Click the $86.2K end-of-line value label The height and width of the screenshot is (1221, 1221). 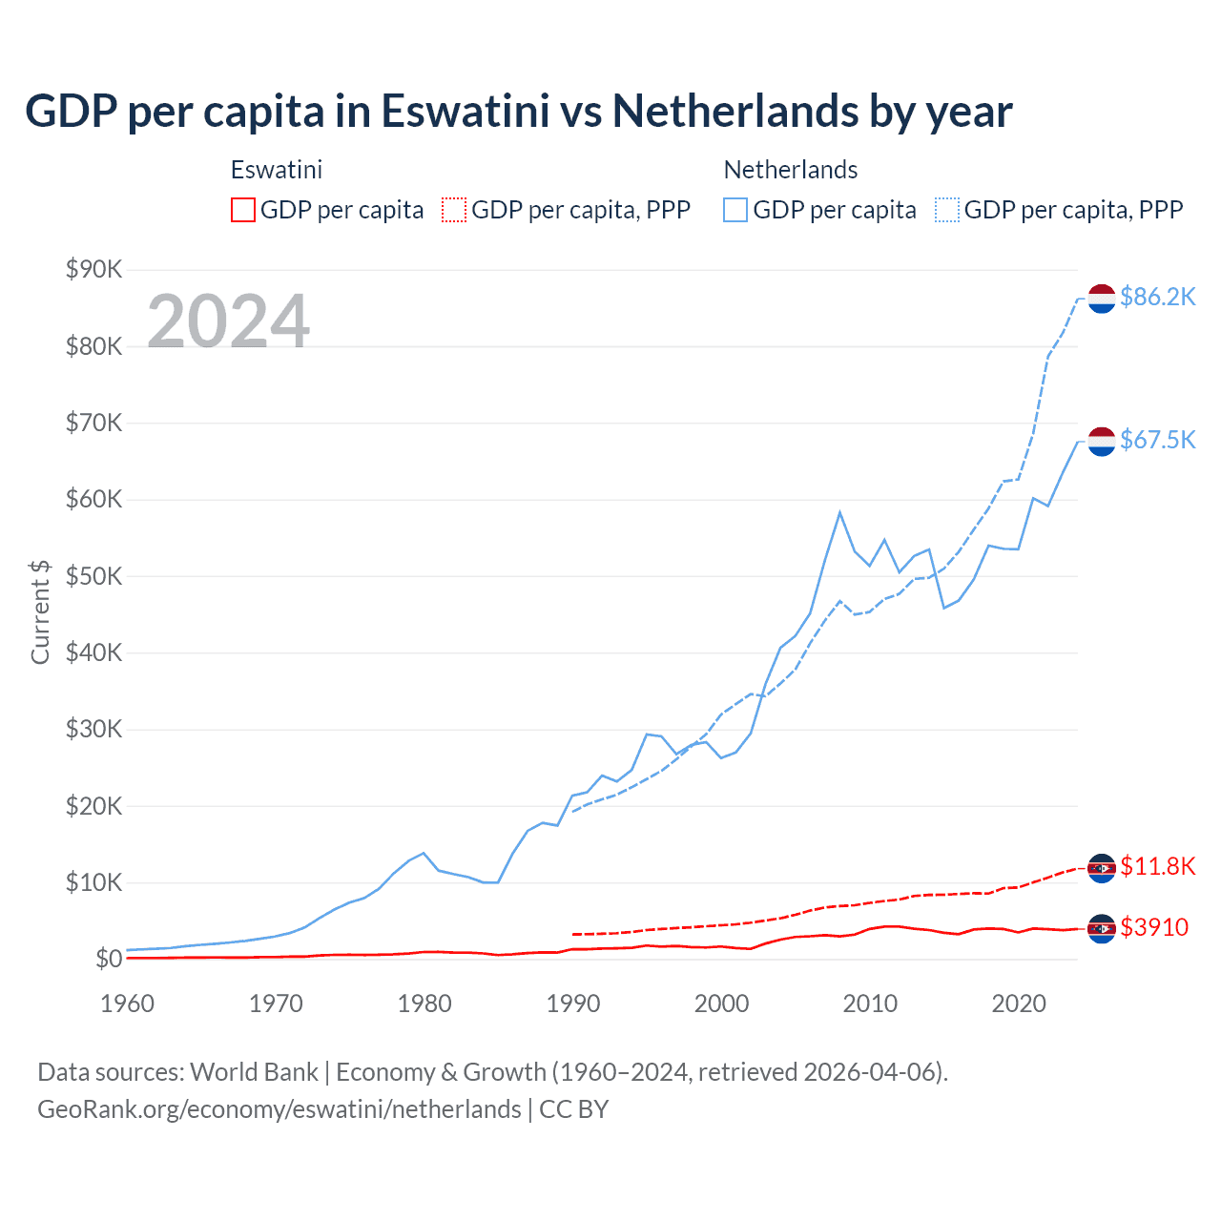click(x=1157, y=297)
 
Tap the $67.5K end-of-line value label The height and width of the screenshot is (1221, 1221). click(x=1157, y=439)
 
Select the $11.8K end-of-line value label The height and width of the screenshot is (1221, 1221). click(x=1157, y=865)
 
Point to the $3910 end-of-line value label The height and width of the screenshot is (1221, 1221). click(x=1154, y=926)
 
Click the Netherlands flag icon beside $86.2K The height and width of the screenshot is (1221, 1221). click(x=1102, y=298)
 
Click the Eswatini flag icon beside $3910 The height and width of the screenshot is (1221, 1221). click(x=1102, y=928)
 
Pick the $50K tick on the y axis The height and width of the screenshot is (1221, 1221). click(x=93, y=576)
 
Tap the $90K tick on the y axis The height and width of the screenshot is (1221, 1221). click(x=93, y=269)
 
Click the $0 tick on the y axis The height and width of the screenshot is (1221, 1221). click(x=109, y=959)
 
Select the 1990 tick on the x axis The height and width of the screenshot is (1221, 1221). click(x=573, y=1004)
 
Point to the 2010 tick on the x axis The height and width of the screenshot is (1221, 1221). click(x=870, y=1004)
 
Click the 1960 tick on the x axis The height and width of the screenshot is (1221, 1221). click(x=128, y=1004)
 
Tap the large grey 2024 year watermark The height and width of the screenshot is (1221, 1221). click(x=229, y=321)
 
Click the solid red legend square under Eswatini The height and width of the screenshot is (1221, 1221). click(x=243, y=210)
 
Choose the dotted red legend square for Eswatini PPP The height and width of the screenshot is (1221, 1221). click(x=454, y=210)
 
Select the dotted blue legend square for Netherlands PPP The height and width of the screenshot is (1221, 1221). click(x=947, y=210)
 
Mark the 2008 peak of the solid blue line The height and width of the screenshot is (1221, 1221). click(x=839, y=512)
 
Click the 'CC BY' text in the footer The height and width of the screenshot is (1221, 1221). click(x=573, y=1108)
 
